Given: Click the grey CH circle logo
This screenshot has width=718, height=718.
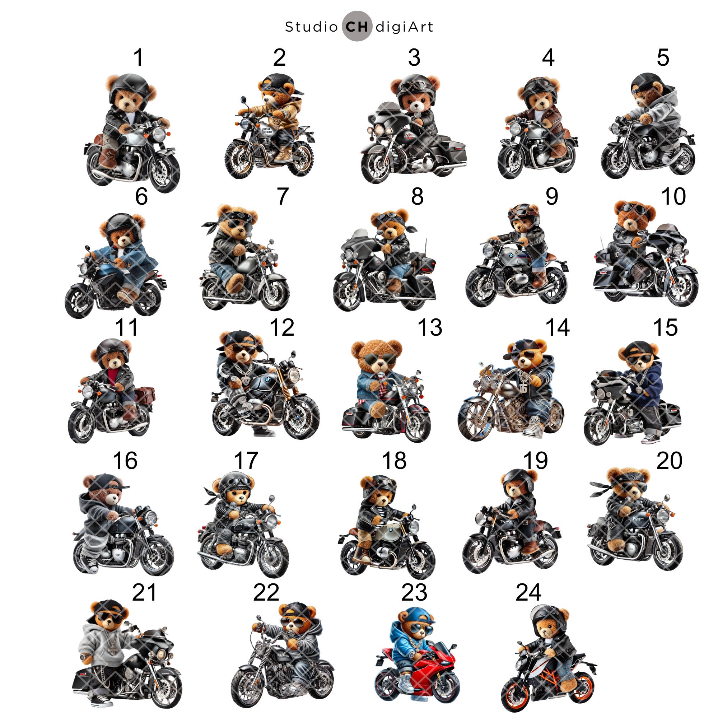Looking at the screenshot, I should click(357, 26).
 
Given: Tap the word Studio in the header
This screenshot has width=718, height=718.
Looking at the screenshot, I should click(311, 27).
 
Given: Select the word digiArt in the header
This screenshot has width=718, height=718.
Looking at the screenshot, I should click(404, 27).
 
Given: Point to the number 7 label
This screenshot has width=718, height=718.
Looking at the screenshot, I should click(283, 196).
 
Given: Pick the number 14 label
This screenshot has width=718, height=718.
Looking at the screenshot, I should click(558, 327).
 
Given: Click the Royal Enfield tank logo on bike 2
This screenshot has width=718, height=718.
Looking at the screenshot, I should click(266, 130).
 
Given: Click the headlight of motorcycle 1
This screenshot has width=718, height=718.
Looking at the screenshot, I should click(160, 134).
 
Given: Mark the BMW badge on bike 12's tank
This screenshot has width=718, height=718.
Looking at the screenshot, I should click(268, 380).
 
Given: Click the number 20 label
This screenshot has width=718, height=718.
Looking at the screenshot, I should click(669, 461).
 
